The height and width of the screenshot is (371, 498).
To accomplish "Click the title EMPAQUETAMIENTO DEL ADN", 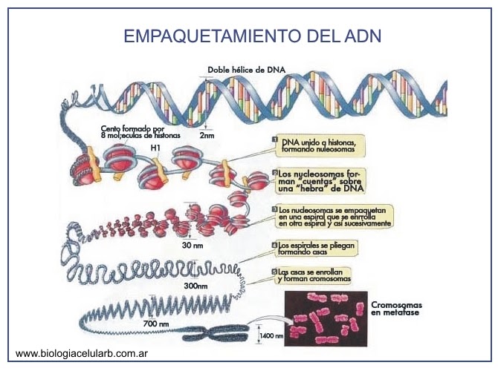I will pos(252,36).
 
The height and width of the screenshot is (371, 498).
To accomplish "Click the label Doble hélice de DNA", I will pos(247,70).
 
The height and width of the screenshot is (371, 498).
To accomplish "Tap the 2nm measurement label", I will pos(206,136).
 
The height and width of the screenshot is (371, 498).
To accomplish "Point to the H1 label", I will pos(155,148).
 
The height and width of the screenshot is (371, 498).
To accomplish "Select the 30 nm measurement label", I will pos(193,245).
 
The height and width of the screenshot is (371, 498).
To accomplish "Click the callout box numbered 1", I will pos(317,144).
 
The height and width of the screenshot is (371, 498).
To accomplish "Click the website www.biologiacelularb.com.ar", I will pos(80,354).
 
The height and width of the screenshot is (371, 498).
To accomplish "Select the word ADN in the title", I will pos(366,36).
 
